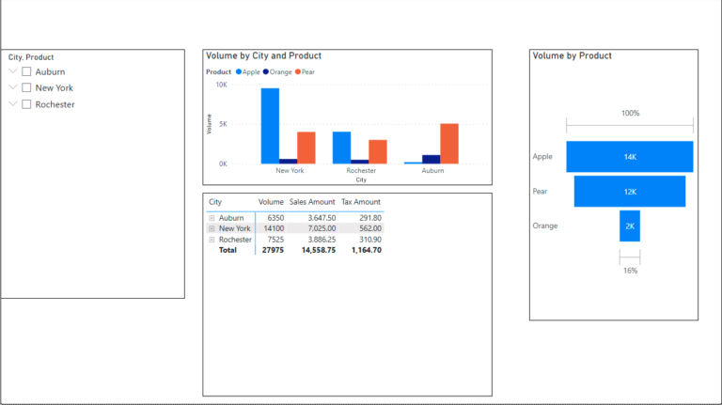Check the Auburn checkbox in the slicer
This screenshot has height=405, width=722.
click(27, 71)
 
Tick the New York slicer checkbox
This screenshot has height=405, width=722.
click(27, 87)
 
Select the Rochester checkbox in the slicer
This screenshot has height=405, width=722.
click(27, 104)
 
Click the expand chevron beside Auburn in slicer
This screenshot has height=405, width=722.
click(13, 71)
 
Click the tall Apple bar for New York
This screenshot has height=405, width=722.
click(270, 126)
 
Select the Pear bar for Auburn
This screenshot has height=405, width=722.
click(449, 144)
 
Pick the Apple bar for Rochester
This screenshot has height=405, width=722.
click(341, 148)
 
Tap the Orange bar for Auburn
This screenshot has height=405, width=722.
click(431, 159)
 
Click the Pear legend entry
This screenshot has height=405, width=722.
click(306, 71)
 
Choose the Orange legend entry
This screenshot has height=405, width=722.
click(278, 71)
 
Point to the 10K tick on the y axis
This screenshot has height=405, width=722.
click(222, 85)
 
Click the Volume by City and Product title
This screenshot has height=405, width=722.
click(263, 56)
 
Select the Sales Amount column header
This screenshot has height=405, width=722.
click(312, 202)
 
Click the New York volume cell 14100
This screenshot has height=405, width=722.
click(271, 228)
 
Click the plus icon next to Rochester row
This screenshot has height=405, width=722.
click(212, 240)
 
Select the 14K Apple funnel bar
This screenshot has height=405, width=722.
click(629, 157)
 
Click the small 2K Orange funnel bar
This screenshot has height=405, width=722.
click(629, 226)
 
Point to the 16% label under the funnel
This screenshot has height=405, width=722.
click(629, 271)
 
